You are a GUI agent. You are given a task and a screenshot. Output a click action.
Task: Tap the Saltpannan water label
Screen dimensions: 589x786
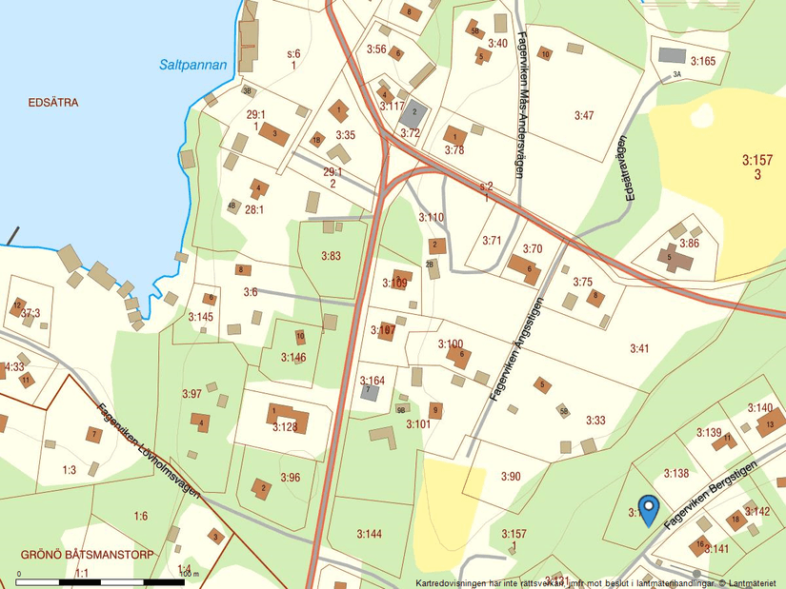click(x=193, y=66)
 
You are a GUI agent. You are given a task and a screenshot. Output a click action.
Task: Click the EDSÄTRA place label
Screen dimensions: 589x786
click(x=53, y=102)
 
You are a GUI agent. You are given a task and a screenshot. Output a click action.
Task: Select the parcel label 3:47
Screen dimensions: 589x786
click(x=583, y=115)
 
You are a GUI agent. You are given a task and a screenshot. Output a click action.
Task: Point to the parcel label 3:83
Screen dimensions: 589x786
click(x=331, y=256)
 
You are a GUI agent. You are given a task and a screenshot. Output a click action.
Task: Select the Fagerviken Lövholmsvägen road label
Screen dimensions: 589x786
click(x=150, y=450)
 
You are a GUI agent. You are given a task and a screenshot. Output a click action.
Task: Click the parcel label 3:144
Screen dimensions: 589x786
click(x=369, y=534)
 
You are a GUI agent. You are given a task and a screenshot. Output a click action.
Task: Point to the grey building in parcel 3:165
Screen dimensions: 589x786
click(x=672, y=55)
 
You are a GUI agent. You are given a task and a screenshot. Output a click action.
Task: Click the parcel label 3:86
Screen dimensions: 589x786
click(x=689, y=244)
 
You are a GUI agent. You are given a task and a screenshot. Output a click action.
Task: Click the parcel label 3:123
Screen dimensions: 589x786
click(x=285, y=427)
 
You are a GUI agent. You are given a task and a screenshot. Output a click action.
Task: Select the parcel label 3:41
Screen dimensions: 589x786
click(x=638, y=349)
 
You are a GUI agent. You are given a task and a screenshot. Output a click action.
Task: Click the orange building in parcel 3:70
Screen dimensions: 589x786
click(x=524, y=268)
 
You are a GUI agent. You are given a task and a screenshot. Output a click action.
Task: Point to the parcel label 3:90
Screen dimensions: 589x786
click(x=512, y=476)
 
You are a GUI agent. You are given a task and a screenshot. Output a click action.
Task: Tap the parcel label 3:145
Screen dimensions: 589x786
click(x=200, y=316)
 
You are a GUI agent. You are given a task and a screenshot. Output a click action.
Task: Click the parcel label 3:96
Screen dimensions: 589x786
click(x=290, y=477)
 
